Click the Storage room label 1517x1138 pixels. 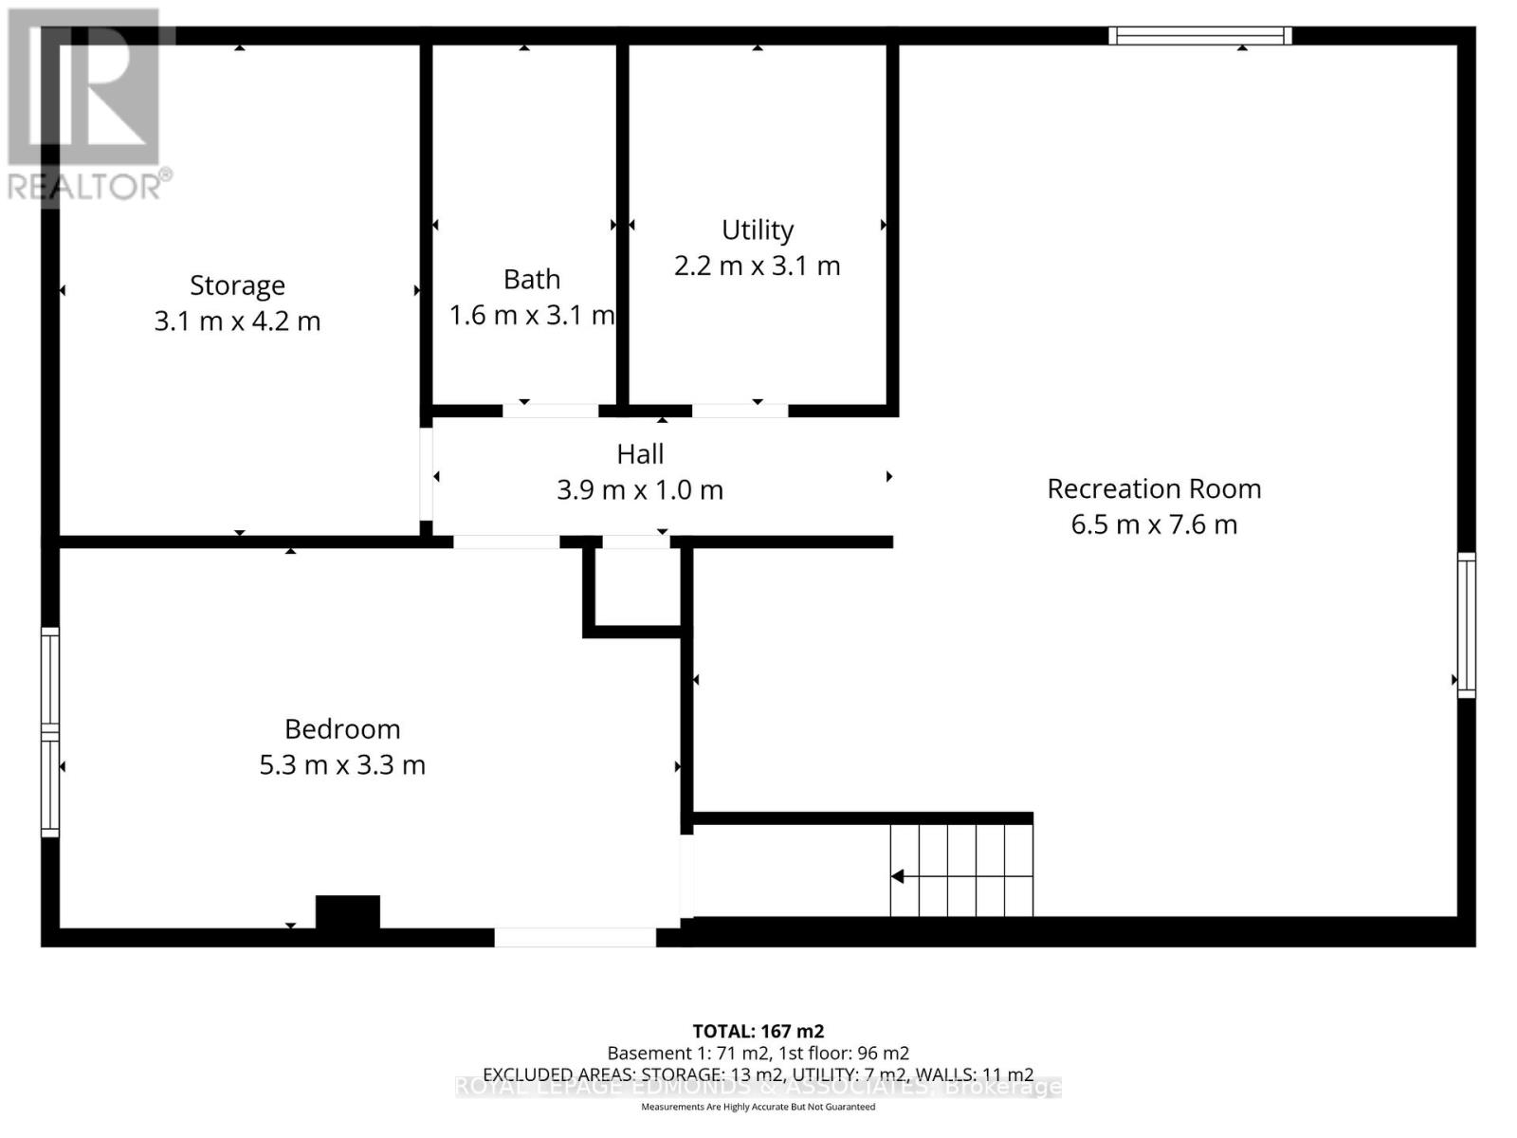click(237, 285)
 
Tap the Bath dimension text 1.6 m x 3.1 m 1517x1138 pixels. click(532, 315)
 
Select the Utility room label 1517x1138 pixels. click(757, 230)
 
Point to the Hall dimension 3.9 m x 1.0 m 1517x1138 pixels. click(640, 490)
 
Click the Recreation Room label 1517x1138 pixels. click(1154, 489)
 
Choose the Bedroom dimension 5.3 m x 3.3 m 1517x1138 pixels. click(342, 765)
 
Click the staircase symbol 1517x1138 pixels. click(960, 870)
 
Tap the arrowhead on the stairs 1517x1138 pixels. click(897, 876)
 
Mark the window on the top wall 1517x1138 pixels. click(1199, 36)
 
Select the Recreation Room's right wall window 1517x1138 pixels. click(1466, 625)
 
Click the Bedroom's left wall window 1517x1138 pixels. click(50, 731)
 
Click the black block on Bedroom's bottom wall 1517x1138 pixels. click(348, 911)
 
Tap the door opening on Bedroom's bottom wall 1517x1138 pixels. click(575, 937)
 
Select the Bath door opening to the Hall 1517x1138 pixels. click(550, 411)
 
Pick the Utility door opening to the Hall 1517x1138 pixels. click(740, 411)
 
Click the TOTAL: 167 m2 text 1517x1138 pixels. click(758, 1031)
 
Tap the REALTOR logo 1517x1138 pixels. click(85, 104)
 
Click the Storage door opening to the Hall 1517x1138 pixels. click(427, 474)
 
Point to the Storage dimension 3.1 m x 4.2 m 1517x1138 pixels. click(237, 321)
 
